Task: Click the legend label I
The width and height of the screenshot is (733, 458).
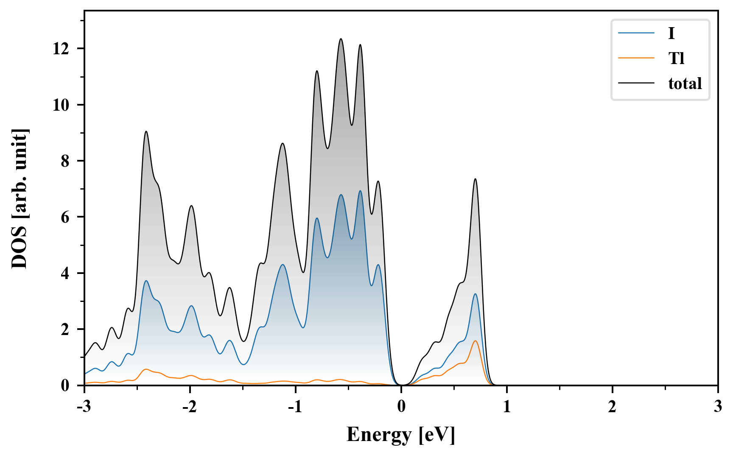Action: [x=671, y=34]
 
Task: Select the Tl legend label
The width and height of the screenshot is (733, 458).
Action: [x=676, y=59]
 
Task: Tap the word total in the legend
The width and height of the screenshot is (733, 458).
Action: [x=685, y=84]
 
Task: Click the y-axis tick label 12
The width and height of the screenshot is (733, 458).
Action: [x=61, y=49]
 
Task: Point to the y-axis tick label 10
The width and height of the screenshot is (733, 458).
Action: [x=61, y=105]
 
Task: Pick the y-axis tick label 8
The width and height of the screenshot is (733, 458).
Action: [x=65, y=161]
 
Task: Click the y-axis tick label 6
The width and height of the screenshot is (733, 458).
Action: [x=65, y=217]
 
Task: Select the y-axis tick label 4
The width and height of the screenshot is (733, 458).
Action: [x=65, y=273]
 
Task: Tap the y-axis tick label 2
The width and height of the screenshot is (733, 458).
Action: [x=65, y=330]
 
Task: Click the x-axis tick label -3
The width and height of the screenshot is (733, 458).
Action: [x=84, y=407]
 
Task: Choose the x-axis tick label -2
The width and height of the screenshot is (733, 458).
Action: [x=190, y=407]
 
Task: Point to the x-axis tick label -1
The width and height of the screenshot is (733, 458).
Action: [x=295, y=407]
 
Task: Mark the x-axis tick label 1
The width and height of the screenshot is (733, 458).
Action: [x=506, y=407]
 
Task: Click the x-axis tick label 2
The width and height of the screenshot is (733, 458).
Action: [x=612, y=407]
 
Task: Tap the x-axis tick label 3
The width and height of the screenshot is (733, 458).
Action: [x=718, y=407]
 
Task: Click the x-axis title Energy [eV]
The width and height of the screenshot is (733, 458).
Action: [x=400, y=435]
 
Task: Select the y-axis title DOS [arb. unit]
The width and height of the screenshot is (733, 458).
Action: [x=20, y=198]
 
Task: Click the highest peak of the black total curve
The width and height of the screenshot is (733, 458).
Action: [x=341, y=39]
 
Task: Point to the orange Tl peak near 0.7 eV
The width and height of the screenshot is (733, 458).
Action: [x=475, y=341]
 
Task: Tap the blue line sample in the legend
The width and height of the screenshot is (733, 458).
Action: [x=636, y=34]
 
